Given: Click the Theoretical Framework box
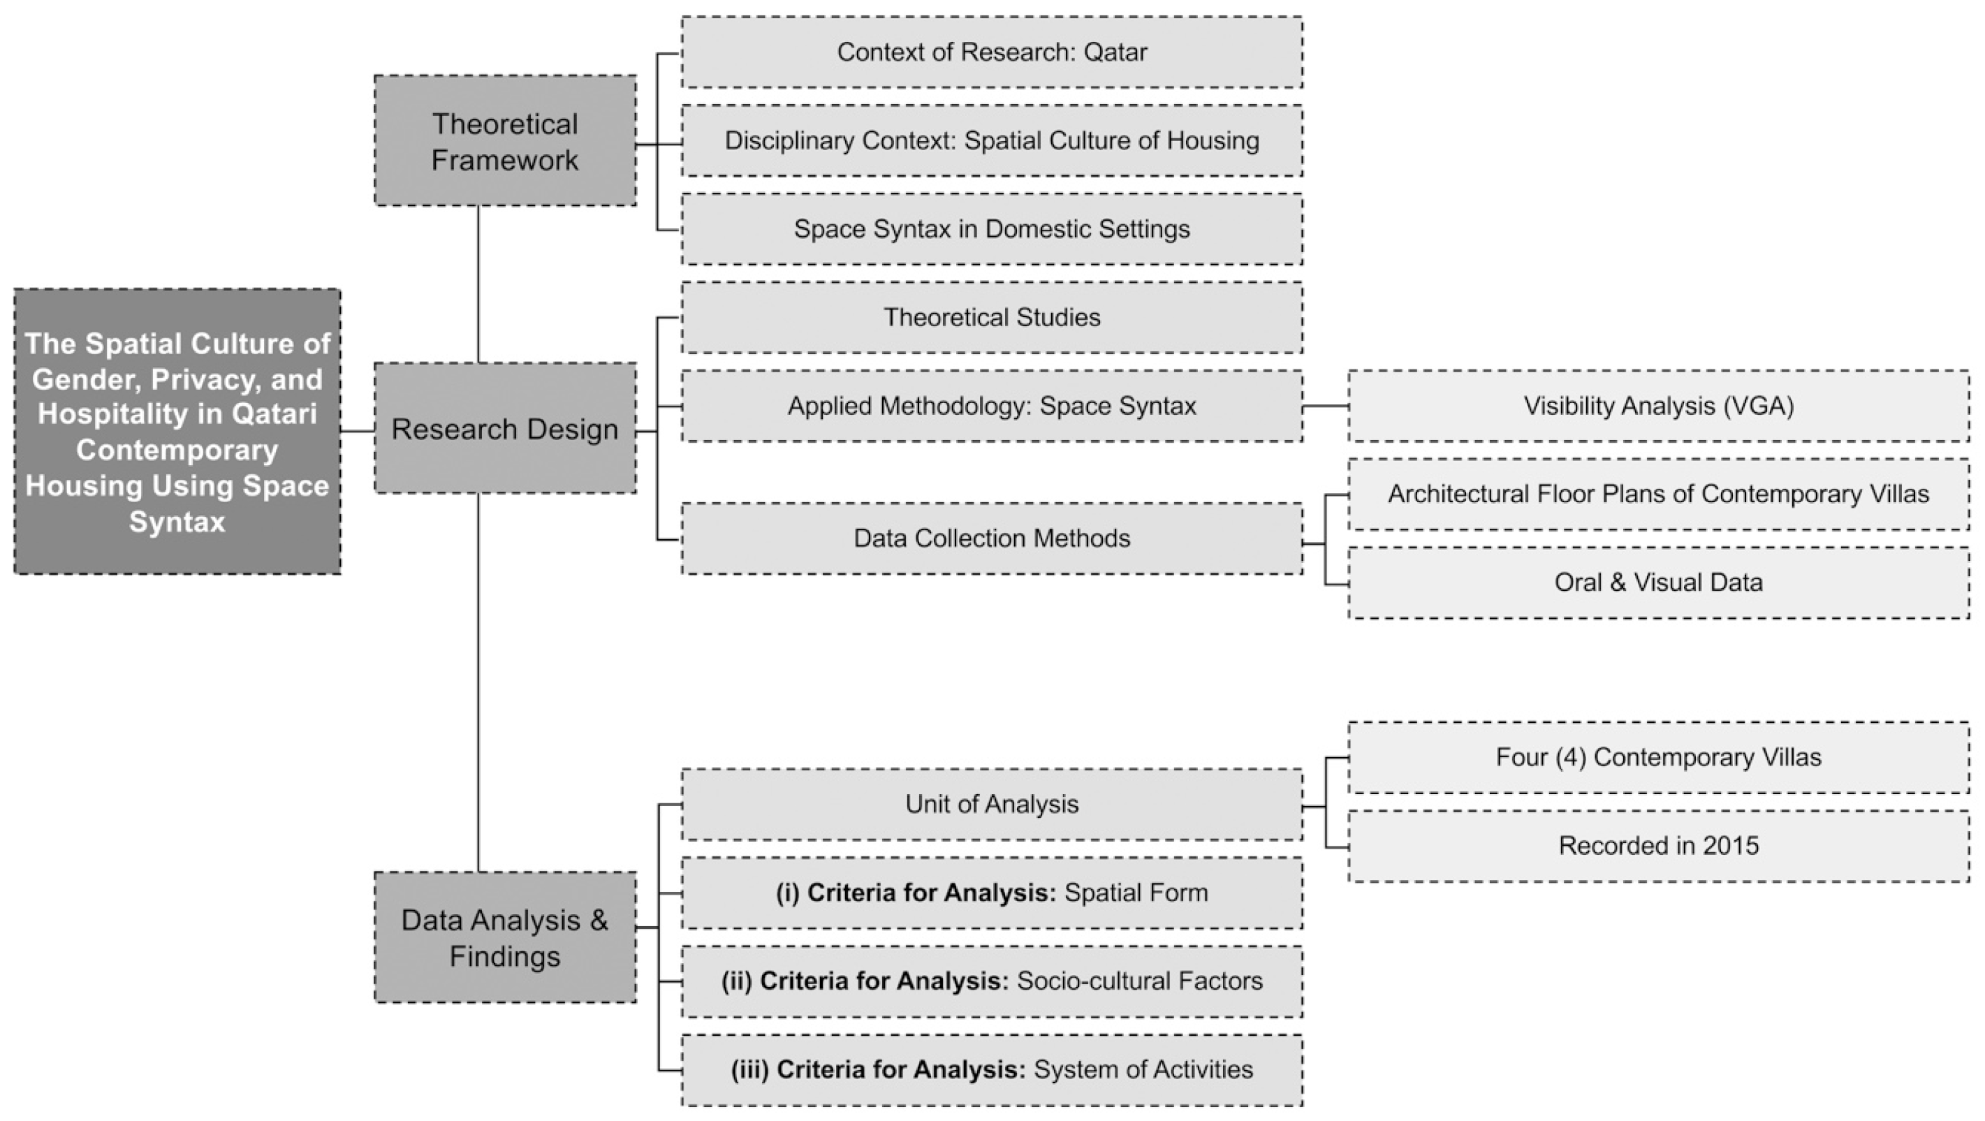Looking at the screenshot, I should (x=505, y=141).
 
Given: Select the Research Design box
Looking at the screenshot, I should (x=505, y=428).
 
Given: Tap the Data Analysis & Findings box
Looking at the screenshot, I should (x=505, y=937).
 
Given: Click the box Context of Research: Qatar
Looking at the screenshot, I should (x=992, y=52).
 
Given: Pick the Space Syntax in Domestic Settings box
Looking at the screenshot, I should (x=992, y=229).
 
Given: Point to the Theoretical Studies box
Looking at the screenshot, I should (x=992, y=317).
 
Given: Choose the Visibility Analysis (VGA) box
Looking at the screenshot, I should (x=1658, y=406).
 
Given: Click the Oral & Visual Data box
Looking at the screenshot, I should (x=1658, y=583).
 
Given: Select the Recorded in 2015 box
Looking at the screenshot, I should (x=1658, y=846).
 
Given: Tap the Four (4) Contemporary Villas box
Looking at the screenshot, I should (x=1658, y=757).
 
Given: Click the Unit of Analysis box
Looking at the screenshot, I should (x=992, y=805).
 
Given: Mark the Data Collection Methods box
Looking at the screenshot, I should (x=992, y=538).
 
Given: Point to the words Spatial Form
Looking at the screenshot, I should (x=1136, y=893).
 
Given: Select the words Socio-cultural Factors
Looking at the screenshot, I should (x=1140, y=981).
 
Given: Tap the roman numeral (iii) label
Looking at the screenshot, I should (x=749, y=1070).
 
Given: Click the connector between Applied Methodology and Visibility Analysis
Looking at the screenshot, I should (x=1326, y=406).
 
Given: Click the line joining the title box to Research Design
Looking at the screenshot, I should (x=358, y=431).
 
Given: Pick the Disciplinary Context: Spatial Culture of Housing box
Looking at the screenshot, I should (x=992, y=141).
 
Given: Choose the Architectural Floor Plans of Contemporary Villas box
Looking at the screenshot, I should (x=1658, y=494).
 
